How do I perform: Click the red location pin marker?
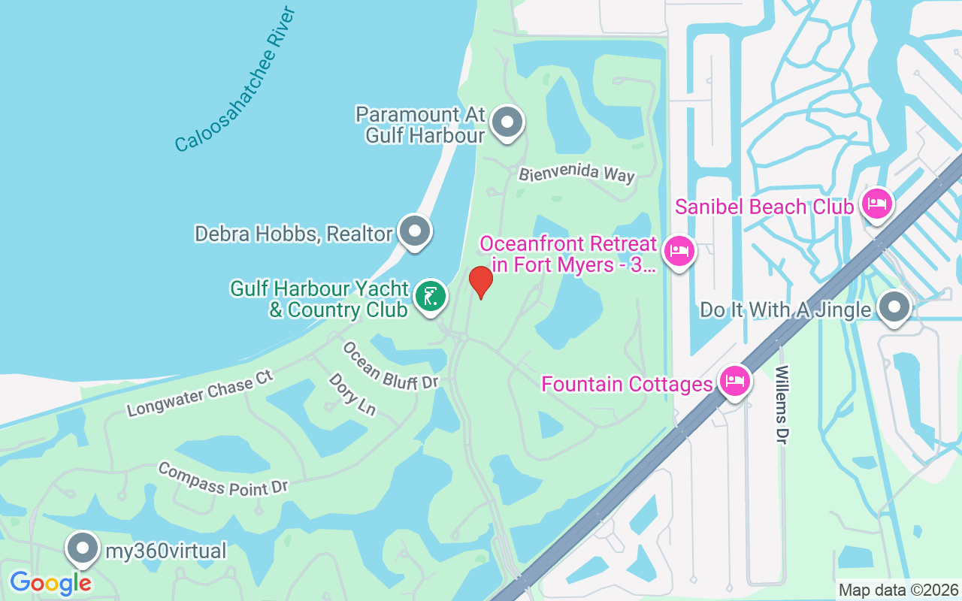(x=480, y=281)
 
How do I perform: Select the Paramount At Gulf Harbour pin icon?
(x=507, y=121)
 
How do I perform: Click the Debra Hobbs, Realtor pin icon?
(x=414, y=231)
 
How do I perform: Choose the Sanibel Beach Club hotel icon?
(x=876, y=204)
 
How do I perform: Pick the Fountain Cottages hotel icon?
(x=734, y=381)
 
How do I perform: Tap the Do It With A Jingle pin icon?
(x=894, y=307)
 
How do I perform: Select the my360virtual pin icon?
(x=83, y=548)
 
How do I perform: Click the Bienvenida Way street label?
(x=576, y=174)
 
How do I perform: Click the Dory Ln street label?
(x=352, y=394)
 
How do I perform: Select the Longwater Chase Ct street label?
(x=200, y=393)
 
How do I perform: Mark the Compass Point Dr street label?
(x=223, y=479)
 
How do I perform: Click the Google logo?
(x=50, y=582)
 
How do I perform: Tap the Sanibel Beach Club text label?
(x=764, y=207)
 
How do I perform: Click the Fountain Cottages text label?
(x=627, y=384)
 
